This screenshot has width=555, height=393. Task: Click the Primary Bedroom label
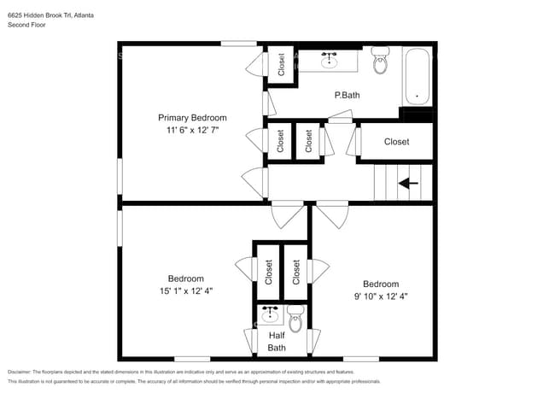pos(192,118)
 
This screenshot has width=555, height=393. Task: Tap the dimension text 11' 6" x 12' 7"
pos(192,131)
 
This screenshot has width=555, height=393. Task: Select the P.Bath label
pos(347,96)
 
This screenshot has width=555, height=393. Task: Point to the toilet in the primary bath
pos(380,61)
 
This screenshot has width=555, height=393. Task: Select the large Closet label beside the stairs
pos(396,142)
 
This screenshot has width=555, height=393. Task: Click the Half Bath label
pos(277,342)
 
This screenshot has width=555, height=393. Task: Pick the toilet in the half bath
pos(295,319)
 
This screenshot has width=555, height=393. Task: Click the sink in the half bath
pos(272,314)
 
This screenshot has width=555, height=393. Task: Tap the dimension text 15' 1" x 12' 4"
pos(185,290)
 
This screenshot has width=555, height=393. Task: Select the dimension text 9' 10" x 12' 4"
pos(381,296)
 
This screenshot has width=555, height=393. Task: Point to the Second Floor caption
pos(26,26)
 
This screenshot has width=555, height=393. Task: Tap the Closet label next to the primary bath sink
pos(282,66)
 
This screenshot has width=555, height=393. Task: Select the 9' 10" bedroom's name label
pos(381,284)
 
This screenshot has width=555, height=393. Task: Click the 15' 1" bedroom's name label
pos(185,279)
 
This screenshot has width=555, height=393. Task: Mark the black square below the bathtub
pos(417,115)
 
